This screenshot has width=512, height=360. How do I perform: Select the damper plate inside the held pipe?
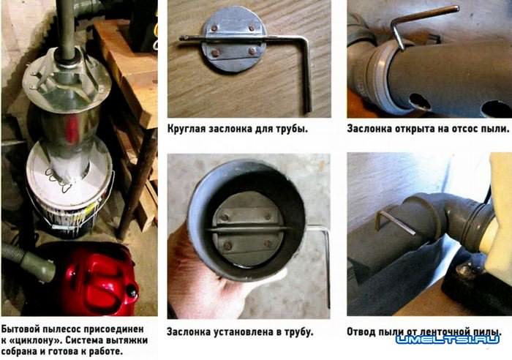pos(244,224)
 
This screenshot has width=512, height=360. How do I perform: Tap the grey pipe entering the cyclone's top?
pos(66,29)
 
